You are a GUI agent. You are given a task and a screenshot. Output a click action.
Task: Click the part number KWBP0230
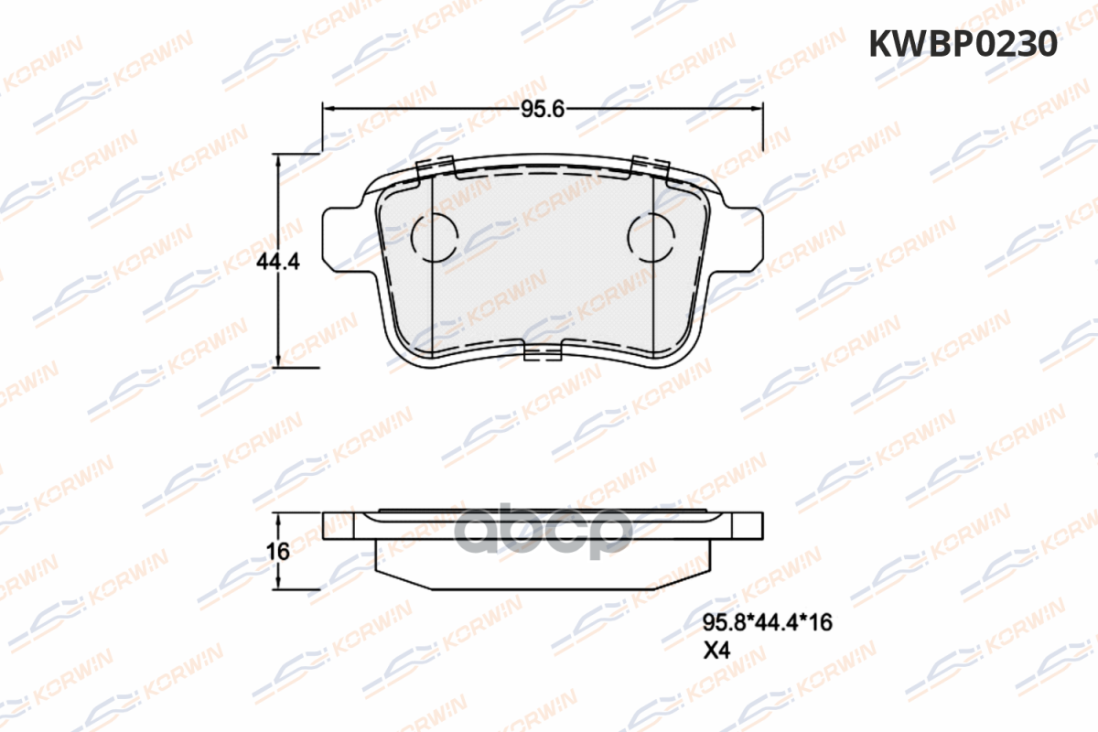(963, 44)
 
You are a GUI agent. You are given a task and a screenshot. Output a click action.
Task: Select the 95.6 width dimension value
(543, 109)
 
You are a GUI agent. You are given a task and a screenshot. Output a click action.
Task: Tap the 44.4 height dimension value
(278, 263)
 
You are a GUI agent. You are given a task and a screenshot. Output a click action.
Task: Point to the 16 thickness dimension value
(278, 552)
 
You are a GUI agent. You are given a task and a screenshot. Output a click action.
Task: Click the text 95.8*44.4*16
(767, 623)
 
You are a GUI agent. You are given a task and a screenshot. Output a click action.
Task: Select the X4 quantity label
(716, 651)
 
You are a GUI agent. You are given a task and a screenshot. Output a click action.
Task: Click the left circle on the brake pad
(435, 238)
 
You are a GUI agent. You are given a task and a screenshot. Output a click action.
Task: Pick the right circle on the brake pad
(651, 238)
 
